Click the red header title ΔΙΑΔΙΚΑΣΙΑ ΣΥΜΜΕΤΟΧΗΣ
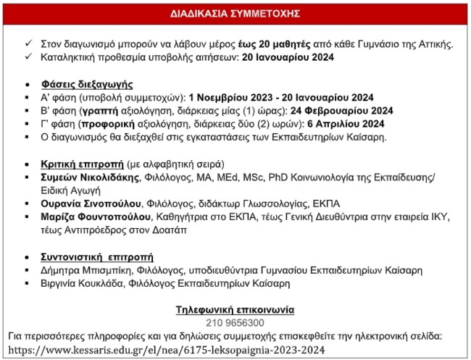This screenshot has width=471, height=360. click(235, 13)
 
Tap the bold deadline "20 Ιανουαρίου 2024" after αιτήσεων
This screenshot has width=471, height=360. click(288, 58)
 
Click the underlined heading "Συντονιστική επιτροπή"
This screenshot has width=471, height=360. click(89, 257)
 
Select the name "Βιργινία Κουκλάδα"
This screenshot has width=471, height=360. click(76, 283)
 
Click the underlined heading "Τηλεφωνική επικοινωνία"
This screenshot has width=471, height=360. click(236, 309)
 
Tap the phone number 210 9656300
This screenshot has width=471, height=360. click(236, 322)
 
